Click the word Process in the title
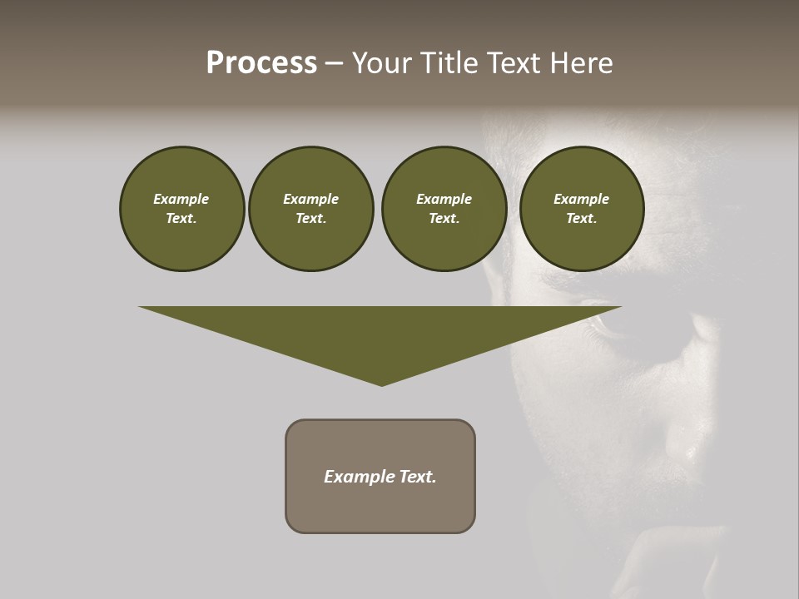coord(261,63)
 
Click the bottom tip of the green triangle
coord(382,384)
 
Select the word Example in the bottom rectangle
coord(360,477)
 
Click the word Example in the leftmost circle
coord(181,199)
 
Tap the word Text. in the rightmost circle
coord(582,218)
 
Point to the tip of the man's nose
coord(687,449)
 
